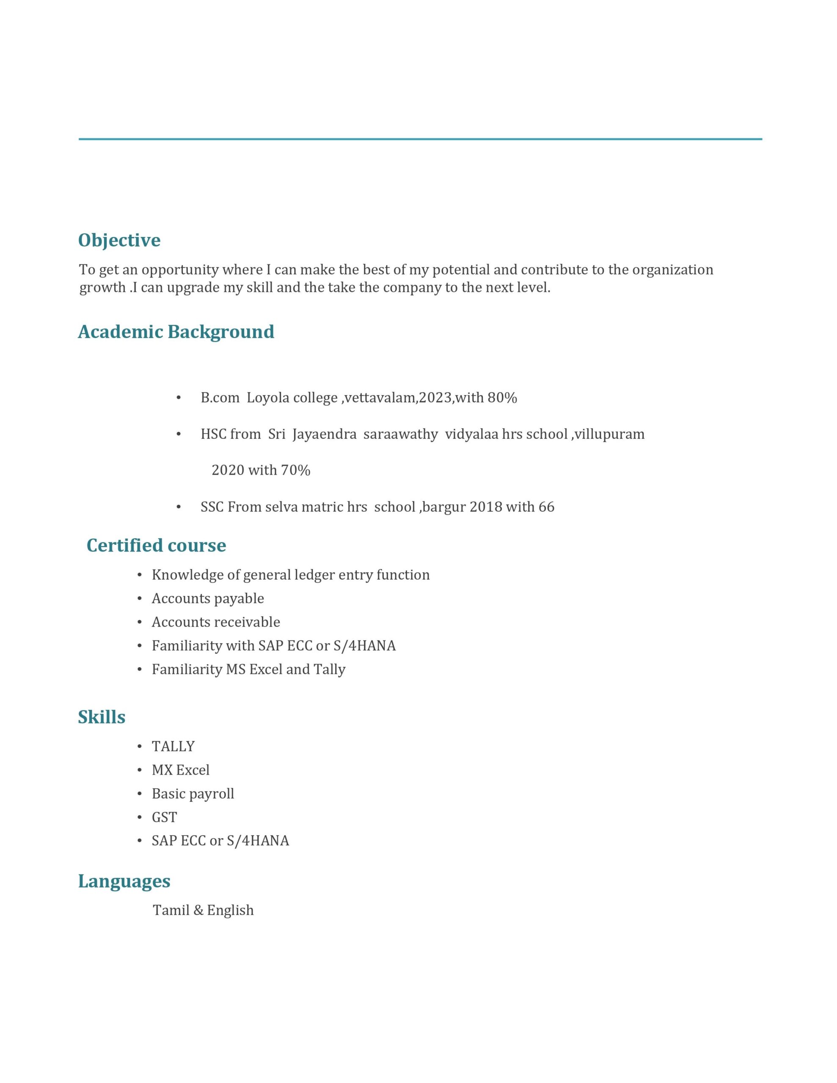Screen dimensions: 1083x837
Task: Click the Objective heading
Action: [119, 240]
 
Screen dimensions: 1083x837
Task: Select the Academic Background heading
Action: [176, 332]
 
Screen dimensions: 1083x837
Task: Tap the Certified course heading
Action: [156, 545]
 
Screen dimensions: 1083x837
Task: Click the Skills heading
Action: [101, 717]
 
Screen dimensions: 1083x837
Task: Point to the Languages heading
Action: [124, 881]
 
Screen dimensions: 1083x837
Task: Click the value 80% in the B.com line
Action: [502, 398]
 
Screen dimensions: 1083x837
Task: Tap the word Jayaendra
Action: [325, 434]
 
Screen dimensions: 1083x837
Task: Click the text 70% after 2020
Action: [296, 470]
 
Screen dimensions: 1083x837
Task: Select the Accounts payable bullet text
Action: [208, 599]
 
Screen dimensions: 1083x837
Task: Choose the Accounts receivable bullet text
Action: [216, 622]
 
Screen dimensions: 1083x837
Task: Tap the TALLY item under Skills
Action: [173, 746]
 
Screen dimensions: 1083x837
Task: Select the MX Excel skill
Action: [181, 770]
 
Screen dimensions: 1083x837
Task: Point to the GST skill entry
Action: [164, 817]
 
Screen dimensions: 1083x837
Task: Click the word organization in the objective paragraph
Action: [672, 270]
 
